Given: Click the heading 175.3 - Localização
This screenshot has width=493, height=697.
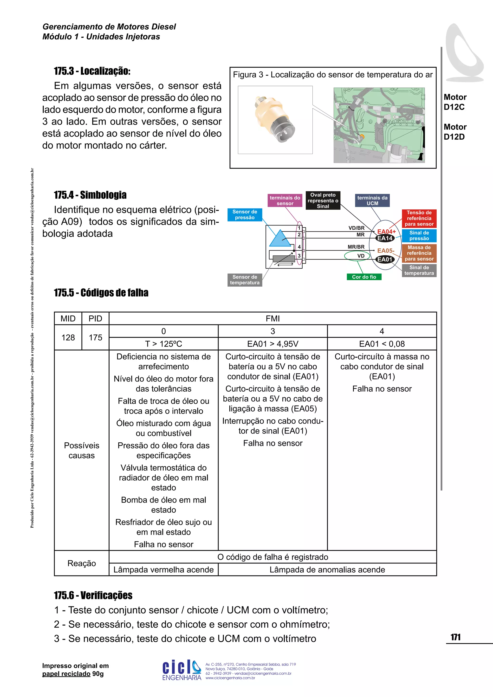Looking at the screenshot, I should point(92,71).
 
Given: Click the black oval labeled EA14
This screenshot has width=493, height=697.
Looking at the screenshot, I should point(385,238).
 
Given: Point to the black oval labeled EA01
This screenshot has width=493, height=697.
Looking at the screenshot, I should point(385,259).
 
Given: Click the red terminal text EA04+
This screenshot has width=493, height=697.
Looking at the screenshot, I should point(386,231).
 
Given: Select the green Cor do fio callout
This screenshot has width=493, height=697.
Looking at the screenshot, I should point(364,277).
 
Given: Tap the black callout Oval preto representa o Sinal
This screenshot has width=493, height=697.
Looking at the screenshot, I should point(323,200).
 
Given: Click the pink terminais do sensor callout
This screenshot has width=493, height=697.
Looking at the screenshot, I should point(285,200).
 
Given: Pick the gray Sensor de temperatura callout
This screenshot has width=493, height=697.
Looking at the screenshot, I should point(245,280).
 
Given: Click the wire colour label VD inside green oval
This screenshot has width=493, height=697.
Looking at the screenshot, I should point(361,256).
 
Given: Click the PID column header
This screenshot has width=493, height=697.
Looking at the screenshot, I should point(95,318).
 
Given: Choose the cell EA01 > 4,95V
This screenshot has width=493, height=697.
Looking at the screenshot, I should point(272,344).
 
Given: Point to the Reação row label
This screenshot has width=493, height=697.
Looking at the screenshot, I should point(81,563).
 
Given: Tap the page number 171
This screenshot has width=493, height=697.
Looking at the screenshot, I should point(455,637).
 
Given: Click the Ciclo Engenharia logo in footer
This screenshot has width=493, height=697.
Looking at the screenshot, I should point(182,669).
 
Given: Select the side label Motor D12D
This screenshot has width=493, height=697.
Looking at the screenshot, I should point(455,132).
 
